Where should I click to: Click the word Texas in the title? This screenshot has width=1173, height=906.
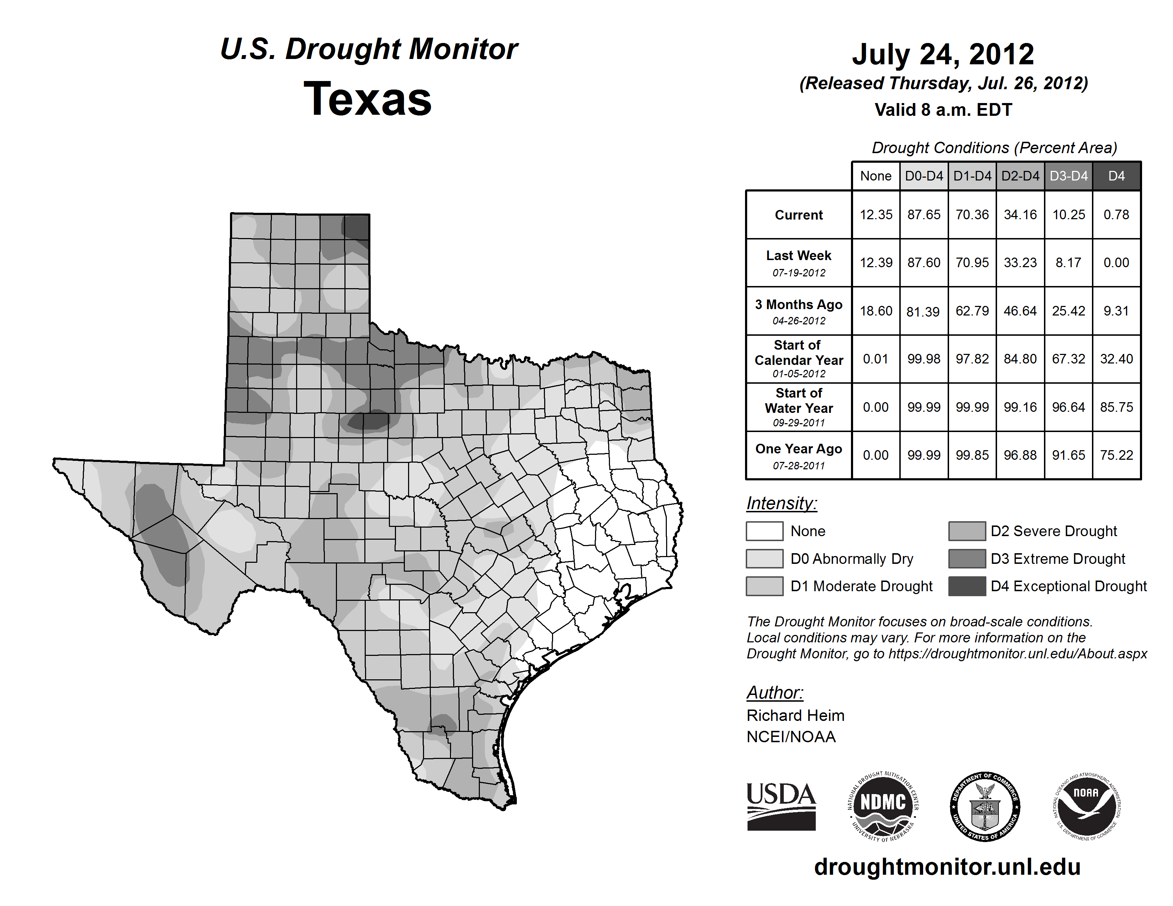tap(368, 99)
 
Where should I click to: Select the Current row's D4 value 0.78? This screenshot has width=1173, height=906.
tap(1116, 215)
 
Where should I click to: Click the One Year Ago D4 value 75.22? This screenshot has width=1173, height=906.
tap(1116, 455)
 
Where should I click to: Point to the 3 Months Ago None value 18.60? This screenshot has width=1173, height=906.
tap(875, 311)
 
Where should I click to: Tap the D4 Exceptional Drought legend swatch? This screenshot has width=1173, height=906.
tap(967, 586)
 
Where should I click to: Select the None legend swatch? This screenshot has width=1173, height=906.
tap(764, 531)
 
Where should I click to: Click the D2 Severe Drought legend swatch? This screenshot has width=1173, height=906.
tap(967, 531)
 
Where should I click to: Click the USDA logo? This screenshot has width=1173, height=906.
tap(781, 806)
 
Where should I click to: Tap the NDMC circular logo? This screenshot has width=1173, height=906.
tap(883, 806)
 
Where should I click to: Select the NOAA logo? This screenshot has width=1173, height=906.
tap(1086, 806)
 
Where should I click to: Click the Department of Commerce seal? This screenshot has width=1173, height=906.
tap(985, 806)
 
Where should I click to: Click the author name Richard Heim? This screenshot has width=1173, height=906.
tap(795, 716)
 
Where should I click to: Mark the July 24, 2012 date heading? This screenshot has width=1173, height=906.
tap(943, 54)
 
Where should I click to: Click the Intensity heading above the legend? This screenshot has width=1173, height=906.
tap(781, 503)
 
